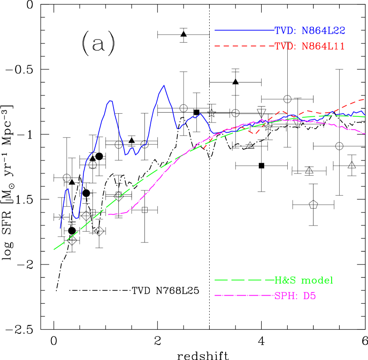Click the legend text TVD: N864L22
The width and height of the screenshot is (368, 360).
coord(310,31)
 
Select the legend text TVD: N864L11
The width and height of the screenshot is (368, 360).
coord(310,46)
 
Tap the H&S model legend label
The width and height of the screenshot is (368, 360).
coord(304,280)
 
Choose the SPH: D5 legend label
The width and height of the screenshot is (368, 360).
coord(295,296)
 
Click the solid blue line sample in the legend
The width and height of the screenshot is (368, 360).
coord(244,31)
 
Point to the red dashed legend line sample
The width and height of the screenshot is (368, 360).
coord(244,46)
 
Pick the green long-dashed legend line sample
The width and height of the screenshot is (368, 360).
coord(244,280)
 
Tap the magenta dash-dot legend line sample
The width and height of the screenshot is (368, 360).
coord(244,295)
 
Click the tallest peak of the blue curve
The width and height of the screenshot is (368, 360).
coord(164,86)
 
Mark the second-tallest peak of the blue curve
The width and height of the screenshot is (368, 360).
coord(110,101)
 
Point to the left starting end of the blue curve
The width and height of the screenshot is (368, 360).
coord(60,228)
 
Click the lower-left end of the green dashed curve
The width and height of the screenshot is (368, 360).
coord(54,249)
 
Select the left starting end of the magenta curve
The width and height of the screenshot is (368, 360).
coord(109,214)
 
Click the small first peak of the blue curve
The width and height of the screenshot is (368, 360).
coord(68,189)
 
